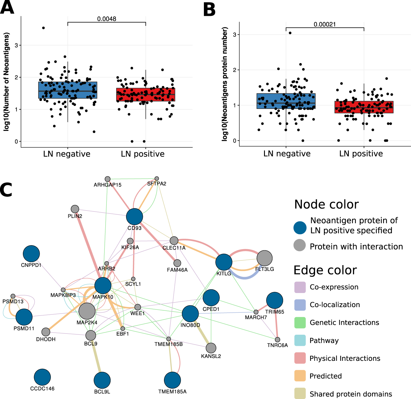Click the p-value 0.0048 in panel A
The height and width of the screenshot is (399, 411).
coord(107,19)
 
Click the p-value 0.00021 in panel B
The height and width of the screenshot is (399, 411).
coord(325,25)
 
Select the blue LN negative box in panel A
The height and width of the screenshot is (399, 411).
coord(68,90)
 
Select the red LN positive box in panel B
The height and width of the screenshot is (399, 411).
coord(364,107)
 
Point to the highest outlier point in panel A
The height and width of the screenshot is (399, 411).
coord(43,28)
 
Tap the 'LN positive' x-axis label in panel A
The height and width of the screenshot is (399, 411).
coord(143,154)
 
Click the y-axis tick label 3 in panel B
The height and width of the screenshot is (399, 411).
coord(235,35)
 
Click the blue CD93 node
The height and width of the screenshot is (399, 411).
coord(134,217)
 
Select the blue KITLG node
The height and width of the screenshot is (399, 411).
coord(224,262)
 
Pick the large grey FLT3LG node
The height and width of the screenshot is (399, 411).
coord(265,258)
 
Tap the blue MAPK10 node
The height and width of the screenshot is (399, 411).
coord(103,285)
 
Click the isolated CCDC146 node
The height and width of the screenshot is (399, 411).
coord(42,377)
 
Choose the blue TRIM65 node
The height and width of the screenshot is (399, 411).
coord(275,300)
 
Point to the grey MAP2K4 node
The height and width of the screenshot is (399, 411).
coord(87,311)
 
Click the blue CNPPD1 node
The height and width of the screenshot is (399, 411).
coord(31,254)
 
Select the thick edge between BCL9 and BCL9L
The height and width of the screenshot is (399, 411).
coord(97,358)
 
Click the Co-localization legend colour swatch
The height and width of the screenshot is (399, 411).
coord(300,305)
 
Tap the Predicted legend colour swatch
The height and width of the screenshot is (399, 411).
coord(300,376)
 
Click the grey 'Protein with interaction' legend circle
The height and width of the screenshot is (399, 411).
coord(300,245)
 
